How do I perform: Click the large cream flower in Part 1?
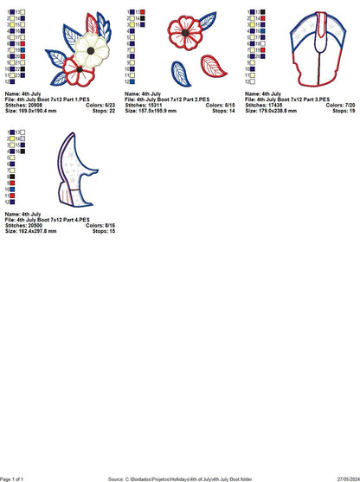(x=92, y=48)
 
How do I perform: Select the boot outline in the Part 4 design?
(x=74, y=173)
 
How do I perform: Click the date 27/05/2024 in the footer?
(x=340, y=478)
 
